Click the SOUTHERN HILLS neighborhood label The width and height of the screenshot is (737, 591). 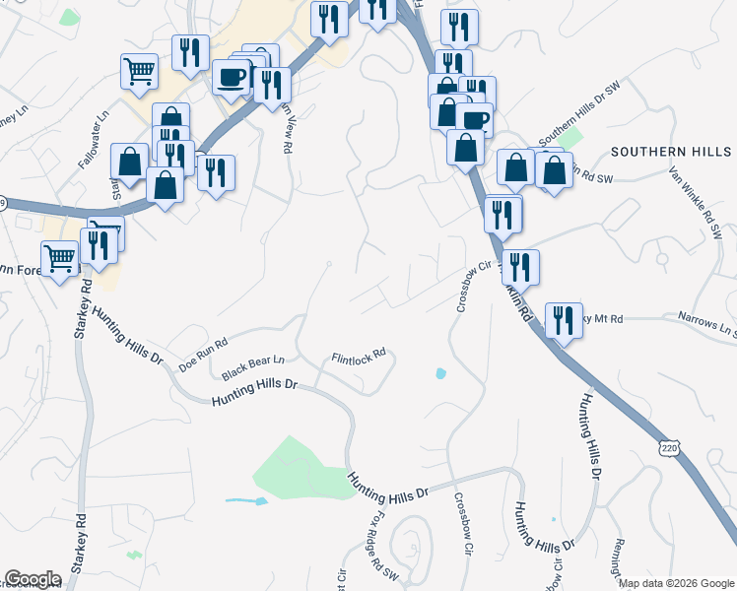671,152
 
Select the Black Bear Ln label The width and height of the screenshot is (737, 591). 252,368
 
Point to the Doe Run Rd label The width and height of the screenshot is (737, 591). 203,355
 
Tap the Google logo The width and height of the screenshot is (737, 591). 33,579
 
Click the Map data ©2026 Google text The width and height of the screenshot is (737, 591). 676,582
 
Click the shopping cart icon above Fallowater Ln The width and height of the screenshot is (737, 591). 139,70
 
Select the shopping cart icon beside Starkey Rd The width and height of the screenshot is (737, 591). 60,258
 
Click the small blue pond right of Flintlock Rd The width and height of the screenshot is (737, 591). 439,373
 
